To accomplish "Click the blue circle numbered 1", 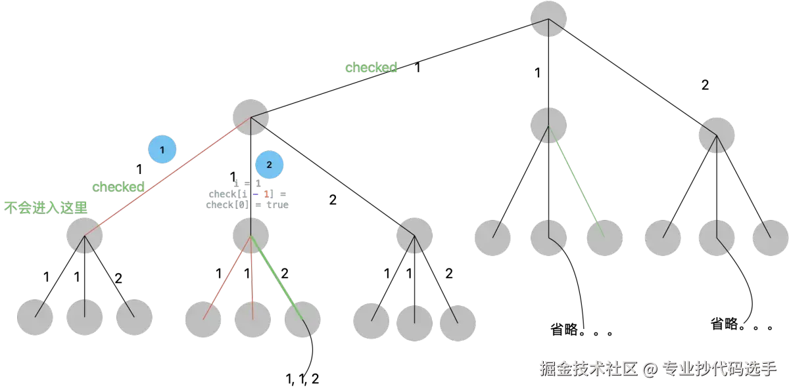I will [x=162, y=150].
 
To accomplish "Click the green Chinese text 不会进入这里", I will [x=46, y=207].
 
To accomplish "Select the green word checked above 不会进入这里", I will [x=118, y=187].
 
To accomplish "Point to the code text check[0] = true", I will [x=247, y=205].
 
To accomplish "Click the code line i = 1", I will [x=247, y=183].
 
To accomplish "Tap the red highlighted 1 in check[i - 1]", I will [x=267, y=194].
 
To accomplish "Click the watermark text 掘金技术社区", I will [x=588, y=368].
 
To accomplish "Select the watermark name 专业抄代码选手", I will [x=719, y=368].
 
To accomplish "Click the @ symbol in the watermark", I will [x=650, y=369].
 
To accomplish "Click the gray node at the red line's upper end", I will [x=251, y=118].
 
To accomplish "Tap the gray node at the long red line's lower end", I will [x=85, y=235].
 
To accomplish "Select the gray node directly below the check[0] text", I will [x=251, y=235].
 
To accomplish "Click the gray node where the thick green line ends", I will [x=302, y=320].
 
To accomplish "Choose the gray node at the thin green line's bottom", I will [x=604, y=238].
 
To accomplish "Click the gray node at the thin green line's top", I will [x=548, y=125].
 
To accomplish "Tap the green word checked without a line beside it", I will [x=371, y=68].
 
